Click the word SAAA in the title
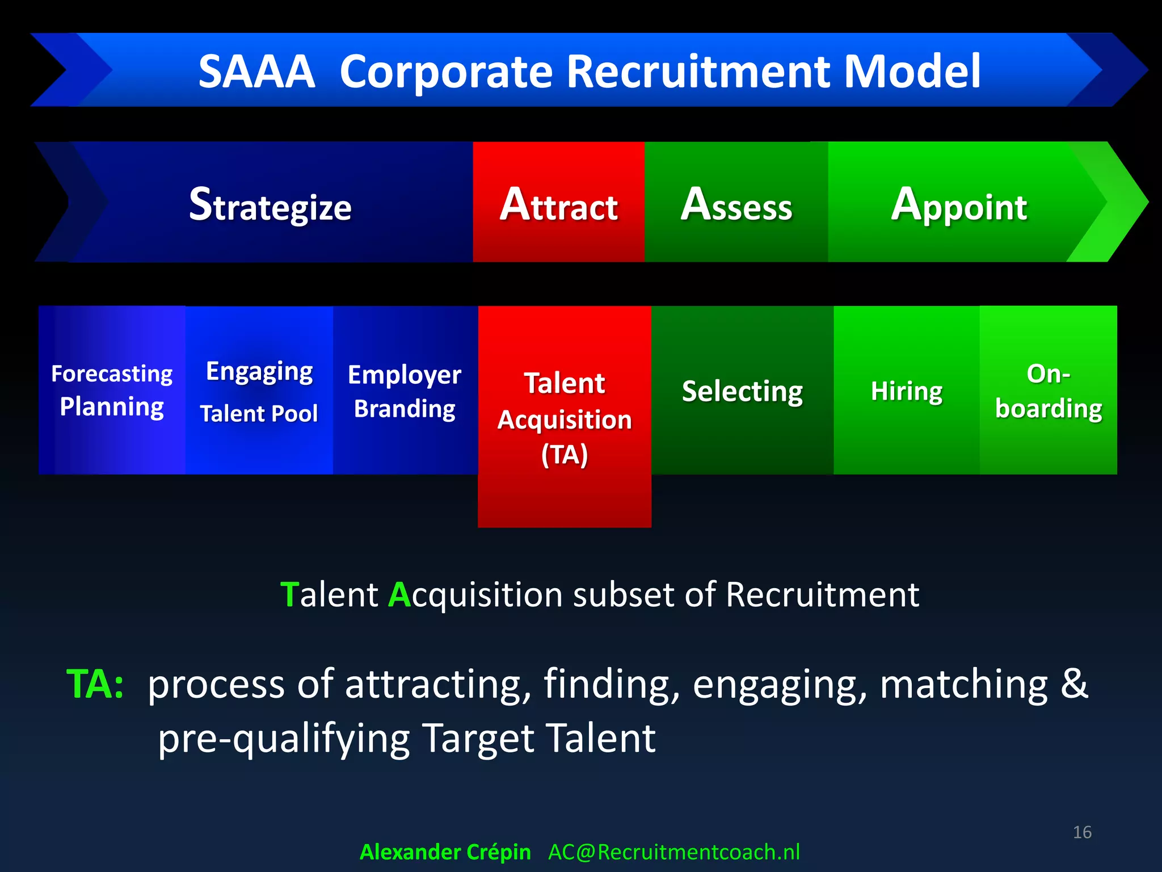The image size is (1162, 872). (x=256, y=72)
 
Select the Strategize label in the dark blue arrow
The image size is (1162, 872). (x=270, y=206)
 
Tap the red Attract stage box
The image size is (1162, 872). (x=558, y=204)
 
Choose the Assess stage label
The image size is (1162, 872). (x=736, y=206)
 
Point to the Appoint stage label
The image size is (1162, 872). (x=959, y=206)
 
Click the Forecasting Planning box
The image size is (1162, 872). (x=112, y=391)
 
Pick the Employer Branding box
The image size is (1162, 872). (x=405, y=392)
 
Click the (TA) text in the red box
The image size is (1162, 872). (x=564, y=455)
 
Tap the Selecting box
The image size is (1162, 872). (x=742, y=391)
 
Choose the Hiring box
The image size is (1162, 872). (x=906, y=391)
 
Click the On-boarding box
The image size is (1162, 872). (x=1048, y=391)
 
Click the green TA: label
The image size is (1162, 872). (x=95, y=684)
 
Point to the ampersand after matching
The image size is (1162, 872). (x=1074, y=683)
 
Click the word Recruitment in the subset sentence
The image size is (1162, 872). (x=822, y=595)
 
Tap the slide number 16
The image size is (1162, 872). (x=1082, y=832)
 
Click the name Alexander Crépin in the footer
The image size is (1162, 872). (x=445, y=852)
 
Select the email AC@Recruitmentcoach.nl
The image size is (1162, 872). (x=673, y=852)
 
